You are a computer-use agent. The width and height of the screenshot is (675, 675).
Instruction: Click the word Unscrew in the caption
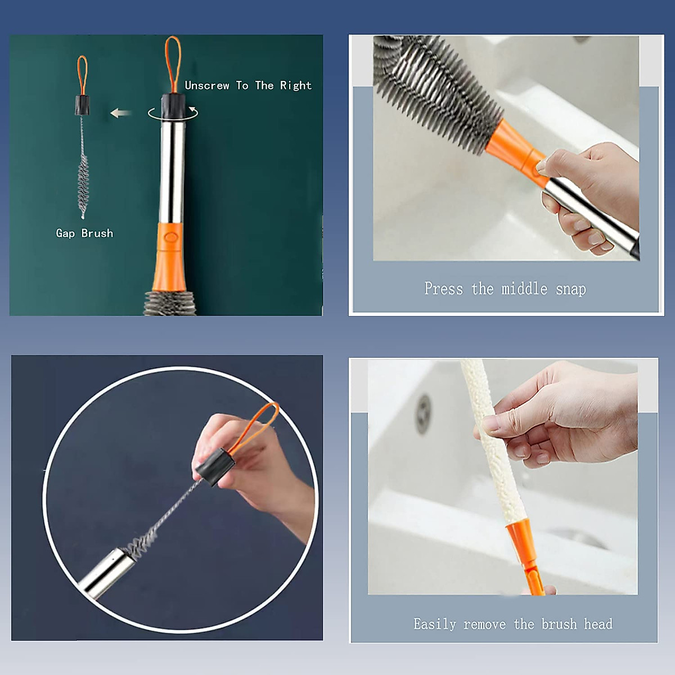coord(206,85)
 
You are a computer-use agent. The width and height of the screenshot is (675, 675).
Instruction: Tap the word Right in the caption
coord(295,86)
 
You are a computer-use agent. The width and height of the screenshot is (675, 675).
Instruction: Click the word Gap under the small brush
coord(65,233)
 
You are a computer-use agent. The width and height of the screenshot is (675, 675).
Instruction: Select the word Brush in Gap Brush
coord(97,233)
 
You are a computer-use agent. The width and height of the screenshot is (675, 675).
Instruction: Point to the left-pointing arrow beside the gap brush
coord(120,113)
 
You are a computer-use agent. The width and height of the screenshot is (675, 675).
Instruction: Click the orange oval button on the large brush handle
coord(172,237)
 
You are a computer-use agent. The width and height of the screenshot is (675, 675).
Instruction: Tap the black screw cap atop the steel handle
coord(173,106)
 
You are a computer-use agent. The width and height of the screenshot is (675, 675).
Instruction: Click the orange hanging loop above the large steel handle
coord(173,65)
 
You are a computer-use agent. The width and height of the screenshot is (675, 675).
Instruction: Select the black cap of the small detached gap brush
coord(82,105)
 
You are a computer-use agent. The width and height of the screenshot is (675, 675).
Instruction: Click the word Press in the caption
coord(443,289)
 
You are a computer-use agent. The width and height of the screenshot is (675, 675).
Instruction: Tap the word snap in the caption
coord(570,289)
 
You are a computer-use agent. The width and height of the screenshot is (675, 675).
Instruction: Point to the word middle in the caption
coord(524,289)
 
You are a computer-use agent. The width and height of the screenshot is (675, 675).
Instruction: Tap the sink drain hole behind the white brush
coord(423,415)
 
